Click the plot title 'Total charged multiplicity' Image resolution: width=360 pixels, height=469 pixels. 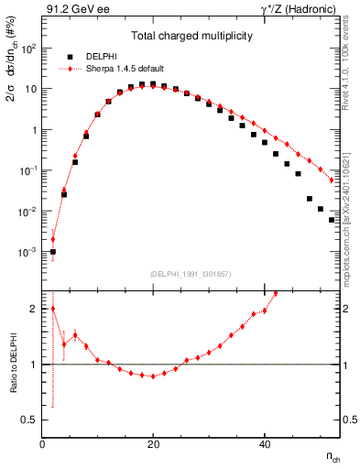[191, 36]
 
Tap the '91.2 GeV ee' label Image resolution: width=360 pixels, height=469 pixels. [72, 10]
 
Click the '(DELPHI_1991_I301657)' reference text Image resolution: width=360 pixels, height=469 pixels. [191, 274]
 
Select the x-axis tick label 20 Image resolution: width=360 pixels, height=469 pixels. [153, 443]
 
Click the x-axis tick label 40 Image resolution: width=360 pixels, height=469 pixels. [264, 443]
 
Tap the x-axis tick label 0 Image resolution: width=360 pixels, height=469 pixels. [42, 443]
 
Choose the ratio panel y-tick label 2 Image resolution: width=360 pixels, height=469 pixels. [35, 309]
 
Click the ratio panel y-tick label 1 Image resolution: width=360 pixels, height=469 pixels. [35, 365]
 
